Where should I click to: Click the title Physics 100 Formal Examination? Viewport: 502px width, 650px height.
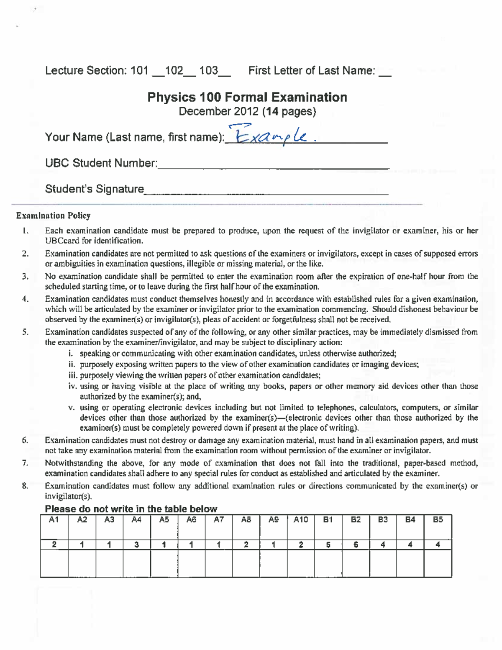pyautogui.click(x=247, y=97)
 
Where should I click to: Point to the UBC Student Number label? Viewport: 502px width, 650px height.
pyautogui.click(x=101, y=163)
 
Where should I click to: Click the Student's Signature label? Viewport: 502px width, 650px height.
pyautogui.click(x=94, y=189)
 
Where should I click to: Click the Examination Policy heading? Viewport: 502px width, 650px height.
pyautogui.click(x=53, y=216)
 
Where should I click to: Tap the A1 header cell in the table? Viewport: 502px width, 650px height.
pyautogui.click(x=54, y=520)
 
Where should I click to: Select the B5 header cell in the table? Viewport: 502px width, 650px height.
pyautogui.click(x=438, y=520)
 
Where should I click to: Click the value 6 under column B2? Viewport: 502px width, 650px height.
pyautogui.click(x=356, y=545)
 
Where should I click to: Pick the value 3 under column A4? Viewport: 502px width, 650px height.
pyautogui.click(x=136, y=545)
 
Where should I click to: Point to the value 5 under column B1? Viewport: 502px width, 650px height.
pyautogui.click(x=328, y=545)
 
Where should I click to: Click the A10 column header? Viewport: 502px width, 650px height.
pyautogui.click(x=300, y=520)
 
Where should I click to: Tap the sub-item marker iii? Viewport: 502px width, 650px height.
pyautogui.click(x=73, y=375)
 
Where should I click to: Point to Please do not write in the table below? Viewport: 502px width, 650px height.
pyautogui.click(x=131, y=509)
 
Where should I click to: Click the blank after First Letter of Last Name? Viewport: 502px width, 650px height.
pyautogui.click(x=385, y=74)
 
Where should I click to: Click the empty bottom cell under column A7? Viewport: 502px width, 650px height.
pyautogui.click(x=218, y=563)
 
